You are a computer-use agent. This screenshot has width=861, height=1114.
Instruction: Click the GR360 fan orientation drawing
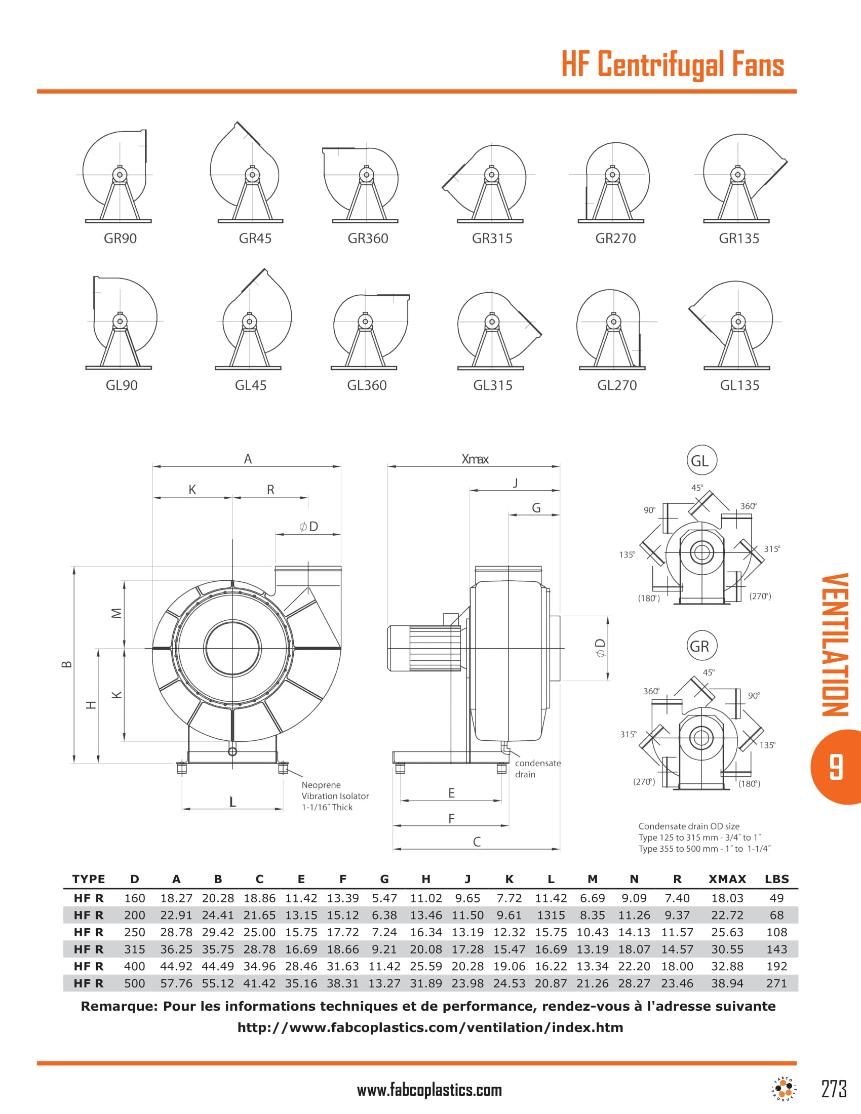pos(365,184)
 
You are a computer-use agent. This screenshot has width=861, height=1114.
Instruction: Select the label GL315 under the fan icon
pos(492,385)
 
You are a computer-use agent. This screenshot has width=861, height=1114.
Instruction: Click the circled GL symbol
pos(701,460)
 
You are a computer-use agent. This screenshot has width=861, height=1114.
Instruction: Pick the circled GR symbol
pos(701,646)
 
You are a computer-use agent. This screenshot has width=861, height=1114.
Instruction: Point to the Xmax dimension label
pos(475,459)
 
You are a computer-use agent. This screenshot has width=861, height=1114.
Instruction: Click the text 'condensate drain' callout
pos(537,768)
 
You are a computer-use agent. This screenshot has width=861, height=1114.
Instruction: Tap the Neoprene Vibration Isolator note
pos(334,795)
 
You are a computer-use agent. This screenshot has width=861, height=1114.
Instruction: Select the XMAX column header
pos(727,879)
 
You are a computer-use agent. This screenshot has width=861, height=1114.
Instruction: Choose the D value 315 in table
pos(135,949)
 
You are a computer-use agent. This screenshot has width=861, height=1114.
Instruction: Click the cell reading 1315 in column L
pos(551,915)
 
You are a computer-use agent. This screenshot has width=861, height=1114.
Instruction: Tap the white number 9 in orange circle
pos(836,767)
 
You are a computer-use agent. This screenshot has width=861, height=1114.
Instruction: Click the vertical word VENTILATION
pos(836,645)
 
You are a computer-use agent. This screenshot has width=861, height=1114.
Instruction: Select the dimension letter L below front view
pos(232,803)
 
